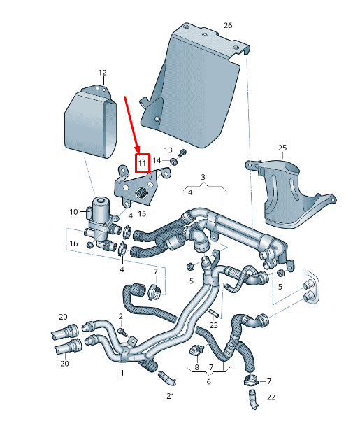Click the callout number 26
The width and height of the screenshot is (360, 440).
[x=228, y=25]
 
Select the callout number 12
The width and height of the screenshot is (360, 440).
[x=102, y=73]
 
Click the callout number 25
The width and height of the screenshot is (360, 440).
[x=282, y=148]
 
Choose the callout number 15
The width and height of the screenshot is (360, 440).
[x=142, y=213]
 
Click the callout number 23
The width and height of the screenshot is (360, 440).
[x=213, y=325]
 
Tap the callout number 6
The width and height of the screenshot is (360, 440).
[x=208, y=381]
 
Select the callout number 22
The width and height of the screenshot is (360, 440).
[x=271, y=397]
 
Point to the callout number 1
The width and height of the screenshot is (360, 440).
[x=122, y=373]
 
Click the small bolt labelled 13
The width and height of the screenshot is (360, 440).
[x=182, y=152]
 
